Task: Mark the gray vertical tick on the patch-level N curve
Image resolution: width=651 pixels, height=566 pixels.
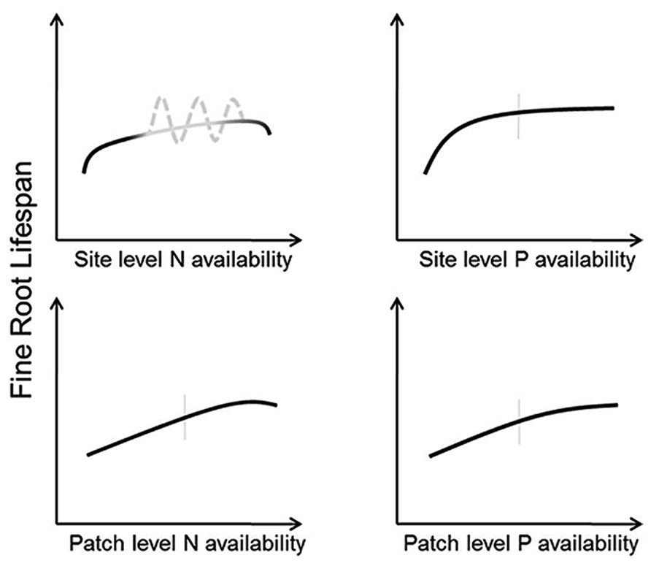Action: pos(185,416)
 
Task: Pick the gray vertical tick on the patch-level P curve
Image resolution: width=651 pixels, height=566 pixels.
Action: pos(519,421)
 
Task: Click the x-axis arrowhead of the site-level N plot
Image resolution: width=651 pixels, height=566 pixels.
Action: pos(296,238)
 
